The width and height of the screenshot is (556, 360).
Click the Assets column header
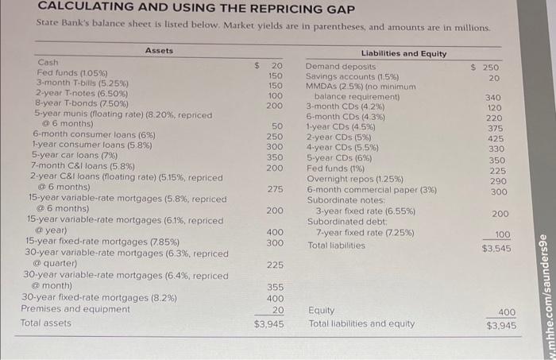tap(159, 51)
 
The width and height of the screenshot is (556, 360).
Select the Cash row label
tap(48, 62)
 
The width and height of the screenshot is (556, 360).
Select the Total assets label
tap(46, 323)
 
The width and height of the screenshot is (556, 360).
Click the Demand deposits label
tap(342, 68)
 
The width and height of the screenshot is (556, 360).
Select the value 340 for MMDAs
tap(495, 98)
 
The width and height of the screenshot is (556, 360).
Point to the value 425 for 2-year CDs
tap(496, 138)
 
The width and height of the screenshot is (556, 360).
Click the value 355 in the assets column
tap(274, 286)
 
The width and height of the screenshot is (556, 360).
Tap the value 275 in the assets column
tap(275, 188)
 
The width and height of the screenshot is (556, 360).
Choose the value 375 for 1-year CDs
tap(496, 129)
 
